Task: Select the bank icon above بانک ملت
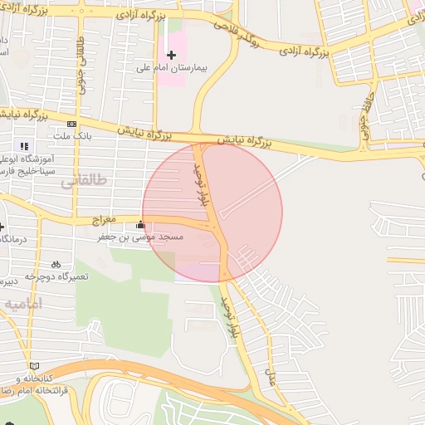71,124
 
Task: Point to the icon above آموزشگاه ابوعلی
23,146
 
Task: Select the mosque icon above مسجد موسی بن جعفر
140,225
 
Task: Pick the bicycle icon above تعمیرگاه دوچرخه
56,264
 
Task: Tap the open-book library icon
33,365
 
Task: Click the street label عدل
270,378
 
